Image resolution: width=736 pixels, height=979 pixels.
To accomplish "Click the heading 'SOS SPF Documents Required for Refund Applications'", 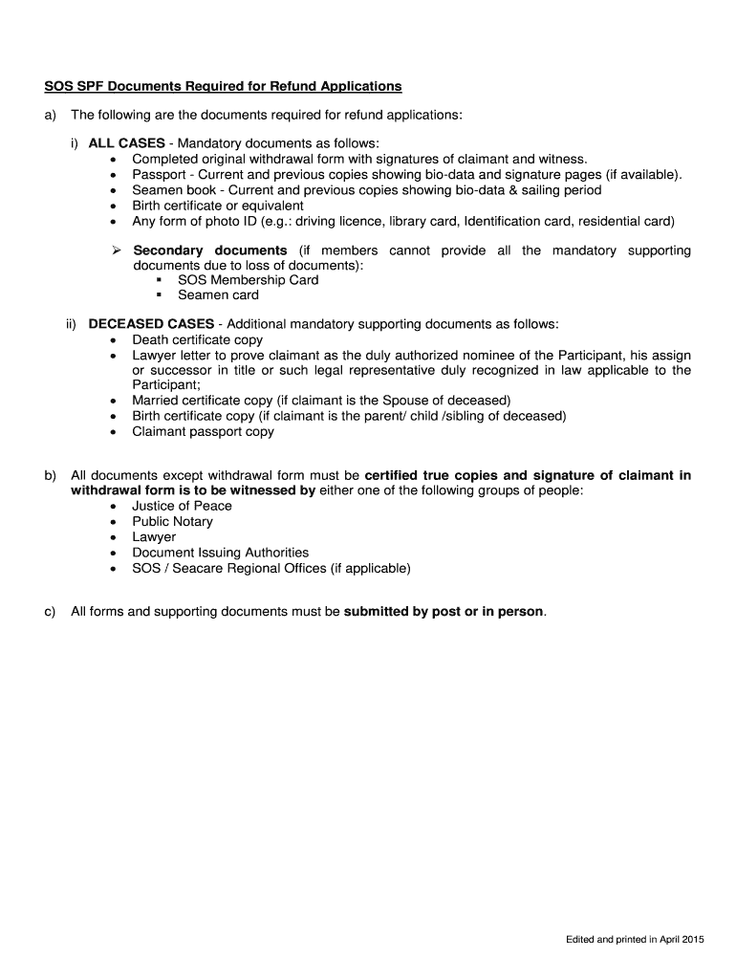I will point(223,86).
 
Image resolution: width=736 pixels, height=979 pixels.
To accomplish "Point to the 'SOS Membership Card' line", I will point(248,280).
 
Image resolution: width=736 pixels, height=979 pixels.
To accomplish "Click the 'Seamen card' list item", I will point(218,295).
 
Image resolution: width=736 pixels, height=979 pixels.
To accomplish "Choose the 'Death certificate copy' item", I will point(197,339).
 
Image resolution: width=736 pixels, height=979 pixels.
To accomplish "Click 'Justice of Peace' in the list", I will point(182,506).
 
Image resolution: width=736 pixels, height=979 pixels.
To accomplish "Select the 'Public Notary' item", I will point(172,521).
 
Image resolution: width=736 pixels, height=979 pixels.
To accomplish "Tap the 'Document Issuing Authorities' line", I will point(220,553).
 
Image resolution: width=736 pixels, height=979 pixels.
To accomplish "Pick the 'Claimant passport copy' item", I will point(203,431).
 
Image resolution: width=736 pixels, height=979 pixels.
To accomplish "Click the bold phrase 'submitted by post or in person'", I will point(444,611).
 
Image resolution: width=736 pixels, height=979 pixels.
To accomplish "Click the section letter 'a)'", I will point(50,115).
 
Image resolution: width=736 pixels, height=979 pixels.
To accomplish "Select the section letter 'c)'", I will point(50,611).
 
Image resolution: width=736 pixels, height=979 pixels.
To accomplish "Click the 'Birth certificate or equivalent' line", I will point(217,206).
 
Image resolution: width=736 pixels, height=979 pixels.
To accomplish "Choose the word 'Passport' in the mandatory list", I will point(160,175).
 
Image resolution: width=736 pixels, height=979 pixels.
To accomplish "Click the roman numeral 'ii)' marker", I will point(72,324).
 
